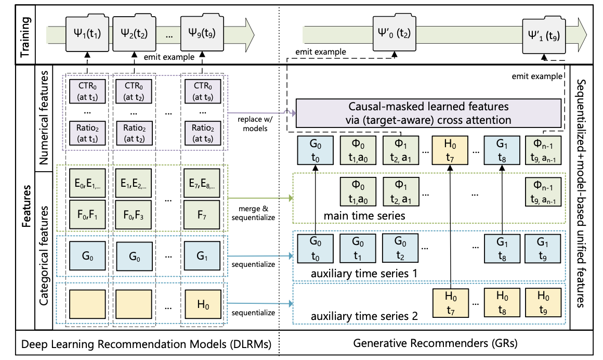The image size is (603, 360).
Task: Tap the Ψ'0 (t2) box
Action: click(393, 34)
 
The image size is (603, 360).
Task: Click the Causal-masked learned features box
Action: click(428, 113)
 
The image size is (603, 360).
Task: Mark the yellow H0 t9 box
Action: click(543, 301)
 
